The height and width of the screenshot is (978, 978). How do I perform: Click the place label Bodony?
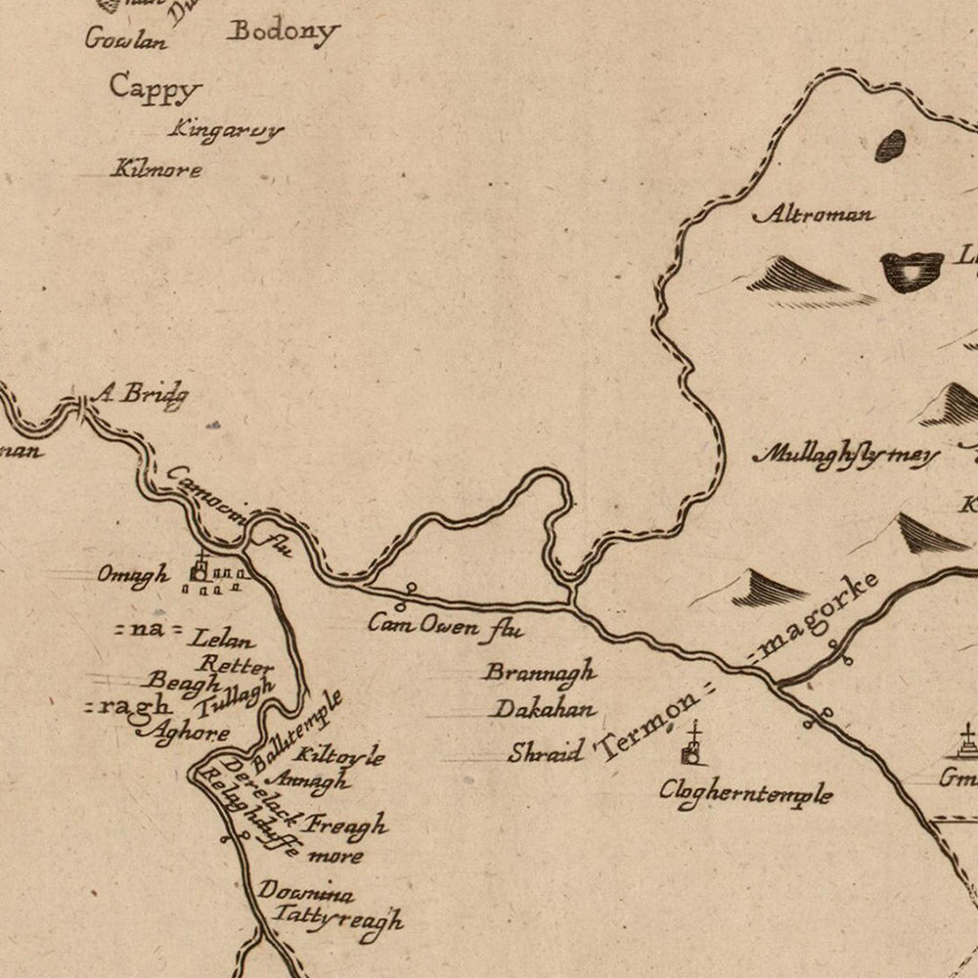coord(283,31)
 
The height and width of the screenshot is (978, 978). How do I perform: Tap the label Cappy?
coord(155,88)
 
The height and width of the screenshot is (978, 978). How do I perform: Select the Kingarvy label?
coord(226,129)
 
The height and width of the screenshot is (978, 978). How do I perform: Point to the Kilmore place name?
coord(156,169)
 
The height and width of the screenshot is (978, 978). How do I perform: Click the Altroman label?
coord(815,214)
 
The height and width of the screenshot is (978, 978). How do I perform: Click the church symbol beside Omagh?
coord(200,570)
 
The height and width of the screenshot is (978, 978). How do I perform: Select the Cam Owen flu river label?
coord(445,625)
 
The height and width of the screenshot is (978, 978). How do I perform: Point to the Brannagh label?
coord(540,673)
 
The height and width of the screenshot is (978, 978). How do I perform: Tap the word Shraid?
coord(546,752)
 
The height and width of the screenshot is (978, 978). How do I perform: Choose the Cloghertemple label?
coord(745,792)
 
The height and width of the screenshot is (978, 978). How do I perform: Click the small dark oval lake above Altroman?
coord(891,147)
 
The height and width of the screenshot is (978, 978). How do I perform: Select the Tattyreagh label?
coord(337,919)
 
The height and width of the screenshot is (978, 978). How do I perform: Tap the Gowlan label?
coord(126,39)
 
